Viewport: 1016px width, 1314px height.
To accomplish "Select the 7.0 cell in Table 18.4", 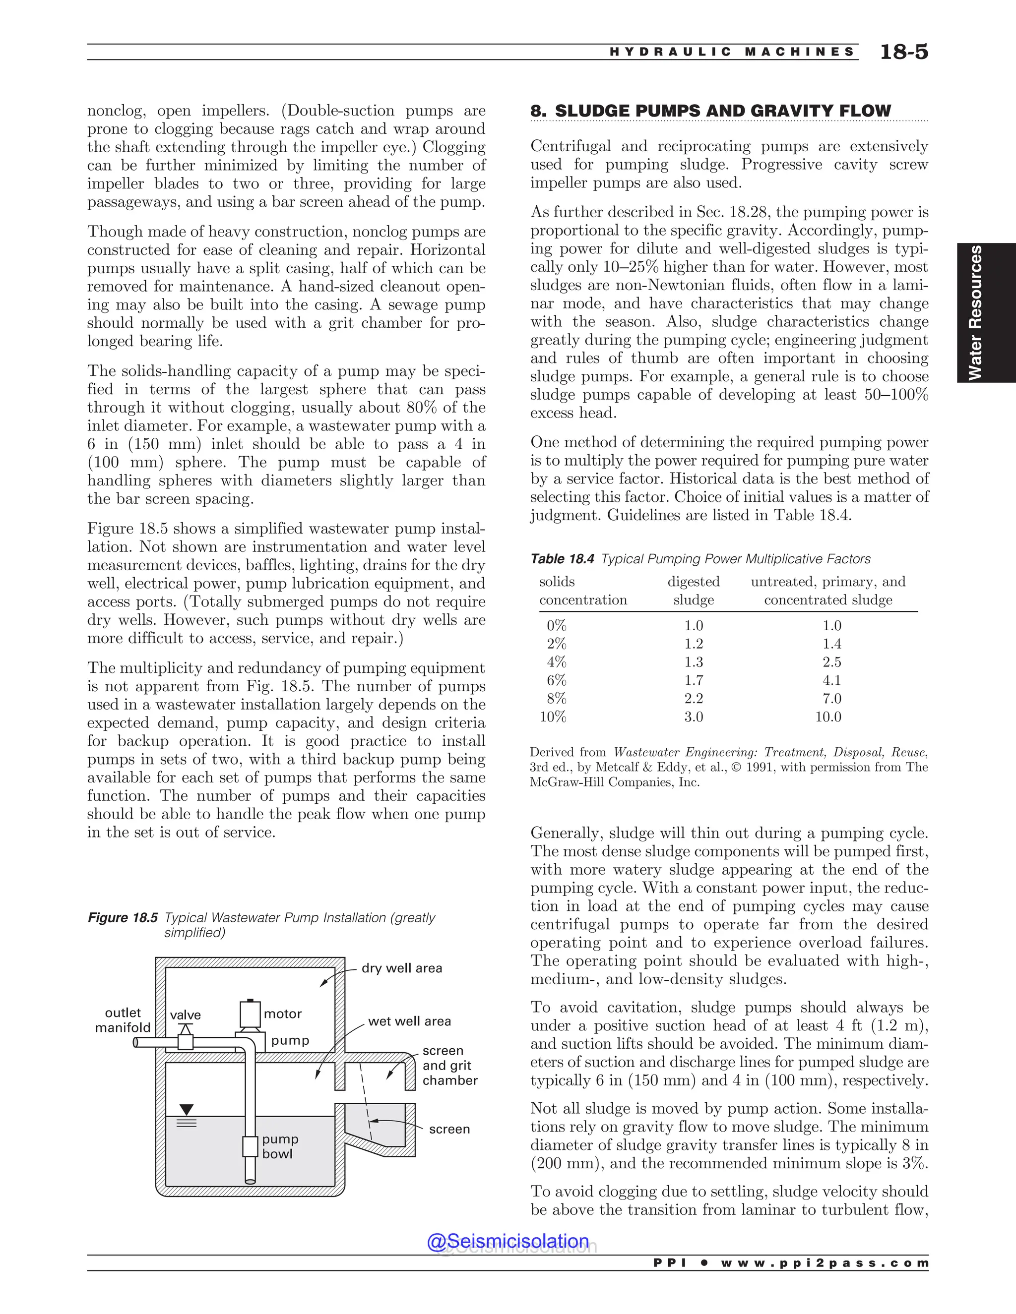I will tap(832, 699).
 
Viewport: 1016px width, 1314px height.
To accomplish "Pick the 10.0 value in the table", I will tap(828, 717).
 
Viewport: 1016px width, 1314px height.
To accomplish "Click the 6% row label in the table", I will tap(556, 680).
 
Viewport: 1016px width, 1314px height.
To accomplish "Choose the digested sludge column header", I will tap(694, 591).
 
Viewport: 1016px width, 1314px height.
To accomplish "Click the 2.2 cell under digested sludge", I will tap(694, 699).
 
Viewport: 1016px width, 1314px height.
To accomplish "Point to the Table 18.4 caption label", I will tap(562, 559).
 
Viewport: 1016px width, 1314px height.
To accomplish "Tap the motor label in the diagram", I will tap(282, 1014).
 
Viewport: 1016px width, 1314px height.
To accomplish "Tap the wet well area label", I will tap(409, 1021).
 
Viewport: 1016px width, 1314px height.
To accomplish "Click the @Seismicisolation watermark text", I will tap(508, 1241).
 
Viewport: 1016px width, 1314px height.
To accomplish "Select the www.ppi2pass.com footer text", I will tap(824, 1263).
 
